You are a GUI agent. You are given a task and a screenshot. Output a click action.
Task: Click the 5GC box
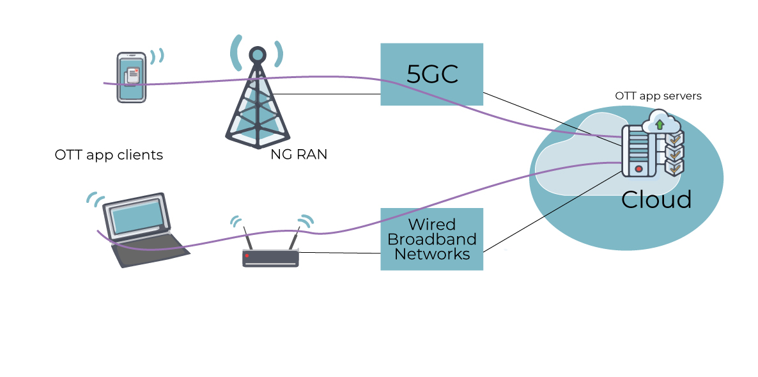431,74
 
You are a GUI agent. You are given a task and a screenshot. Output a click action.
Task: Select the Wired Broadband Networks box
431,239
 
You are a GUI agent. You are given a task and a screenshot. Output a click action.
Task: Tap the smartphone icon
131,77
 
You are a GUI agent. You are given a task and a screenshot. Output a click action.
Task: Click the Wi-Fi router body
271,258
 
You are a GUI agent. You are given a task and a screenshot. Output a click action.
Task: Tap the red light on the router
247,256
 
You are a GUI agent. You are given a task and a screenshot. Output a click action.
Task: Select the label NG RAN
298,154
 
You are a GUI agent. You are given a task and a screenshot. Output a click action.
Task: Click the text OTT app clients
109,155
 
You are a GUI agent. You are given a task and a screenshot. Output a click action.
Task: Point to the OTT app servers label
658,96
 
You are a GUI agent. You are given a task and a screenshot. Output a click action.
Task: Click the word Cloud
656,200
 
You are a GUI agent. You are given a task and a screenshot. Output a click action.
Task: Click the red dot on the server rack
638,169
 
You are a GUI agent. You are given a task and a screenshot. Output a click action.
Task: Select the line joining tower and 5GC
326,95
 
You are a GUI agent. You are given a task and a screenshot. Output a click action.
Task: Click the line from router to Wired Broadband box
339,253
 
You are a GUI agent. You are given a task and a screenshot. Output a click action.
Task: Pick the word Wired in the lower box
432,225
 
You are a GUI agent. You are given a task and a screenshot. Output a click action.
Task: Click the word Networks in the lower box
432,254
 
